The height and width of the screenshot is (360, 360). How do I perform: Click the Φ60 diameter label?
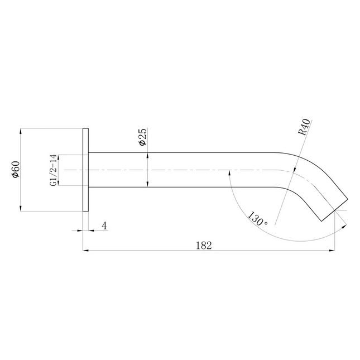(x=16, y=170)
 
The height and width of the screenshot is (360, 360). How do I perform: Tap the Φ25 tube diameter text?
(x=142, y=137)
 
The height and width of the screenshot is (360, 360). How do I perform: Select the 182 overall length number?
(x=205, y=246)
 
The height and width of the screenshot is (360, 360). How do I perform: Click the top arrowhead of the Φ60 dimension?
(x=21, y=132)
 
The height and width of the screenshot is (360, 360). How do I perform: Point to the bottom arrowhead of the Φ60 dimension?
(x=21, y=208)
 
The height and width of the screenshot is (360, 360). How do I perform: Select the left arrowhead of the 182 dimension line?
(x=87, y=251)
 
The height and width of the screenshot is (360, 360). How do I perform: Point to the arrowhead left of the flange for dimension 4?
(x=79, y=230)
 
